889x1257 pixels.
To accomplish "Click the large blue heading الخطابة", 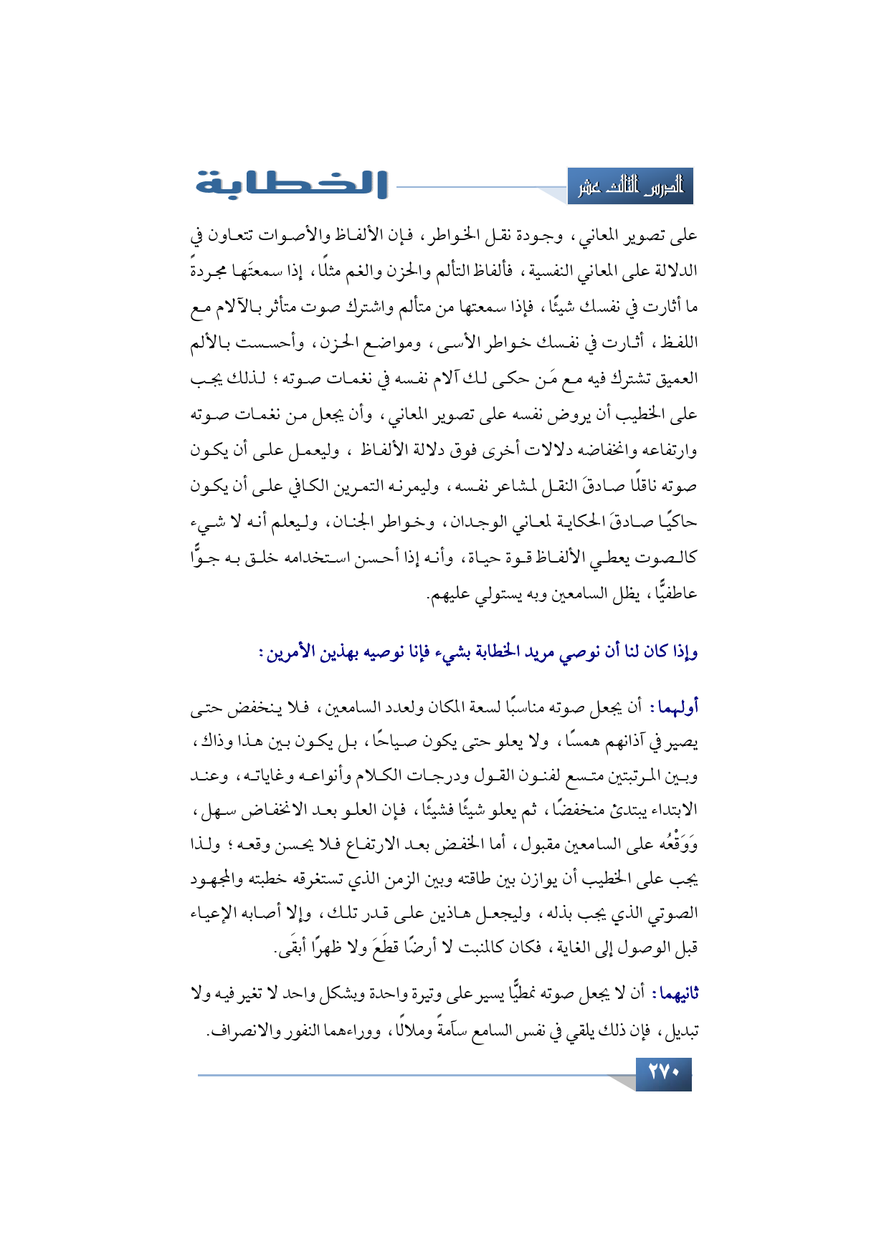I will pos(292,184).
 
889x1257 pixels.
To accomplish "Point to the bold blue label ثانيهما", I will pos(672,994).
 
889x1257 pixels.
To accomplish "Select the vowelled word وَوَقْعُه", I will pos(675,845).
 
